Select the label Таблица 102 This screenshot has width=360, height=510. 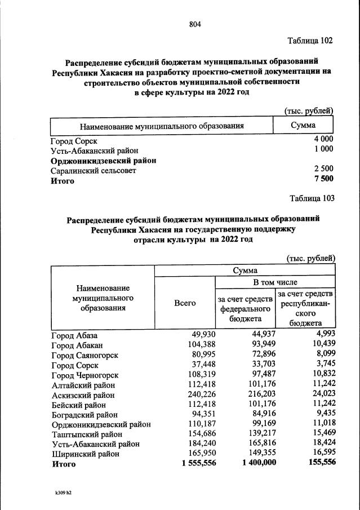310,41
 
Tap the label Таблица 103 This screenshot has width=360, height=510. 312,198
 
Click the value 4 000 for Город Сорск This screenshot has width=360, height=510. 323,139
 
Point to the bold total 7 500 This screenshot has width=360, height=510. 323,179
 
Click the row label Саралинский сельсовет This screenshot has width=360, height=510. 93,170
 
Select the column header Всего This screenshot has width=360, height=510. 185,303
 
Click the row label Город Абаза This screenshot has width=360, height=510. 74,336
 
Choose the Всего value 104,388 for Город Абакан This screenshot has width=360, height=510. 201,345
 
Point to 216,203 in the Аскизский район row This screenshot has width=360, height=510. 259,394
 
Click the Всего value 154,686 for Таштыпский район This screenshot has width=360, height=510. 201,434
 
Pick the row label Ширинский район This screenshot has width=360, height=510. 85,454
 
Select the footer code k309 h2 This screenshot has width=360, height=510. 63,492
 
